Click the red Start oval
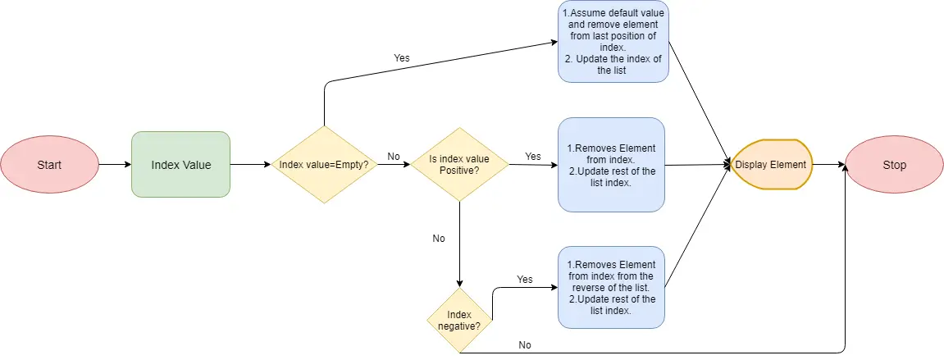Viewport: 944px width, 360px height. tap(49, 165)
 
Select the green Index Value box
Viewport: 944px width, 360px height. tap(180, 165)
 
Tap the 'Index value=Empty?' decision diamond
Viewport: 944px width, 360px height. tap(324, 165)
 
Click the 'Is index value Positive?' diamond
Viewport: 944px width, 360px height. tap(459, 165)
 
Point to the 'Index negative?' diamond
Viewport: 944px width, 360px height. tap(459, 320)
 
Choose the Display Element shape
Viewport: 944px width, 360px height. tap(770, 165)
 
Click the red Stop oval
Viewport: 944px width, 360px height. tap(894, 165)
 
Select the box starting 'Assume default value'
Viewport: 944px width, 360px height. tap(613, 41)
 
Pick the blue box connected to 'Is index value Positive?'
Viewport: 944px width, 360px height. tap(612, 165)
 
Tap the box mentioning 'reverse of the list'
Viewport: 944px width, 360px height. tap(612, 288)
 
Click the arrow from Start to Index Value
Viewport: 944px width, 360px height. tap(115, 165)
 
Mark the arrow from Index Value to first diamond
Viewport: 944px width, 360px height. tap(250, 165)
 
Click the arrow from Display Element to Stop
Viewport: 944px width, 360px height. tap(828, 165)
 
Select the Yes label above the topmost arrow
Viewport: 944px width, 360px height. tap(402, 58)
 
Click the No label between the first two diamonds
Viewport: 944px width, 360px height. tap(394, 156)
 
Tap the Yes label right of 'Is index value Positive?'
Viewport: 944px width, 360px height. tap(533, 156)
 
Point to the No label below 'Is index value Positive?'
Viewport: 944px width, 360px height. tap(439, 239)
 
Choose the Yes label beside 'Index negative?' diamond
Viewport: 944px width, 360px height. tap(525, 280)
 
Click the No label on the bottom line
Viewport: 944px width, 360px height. tap(525, 345)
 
